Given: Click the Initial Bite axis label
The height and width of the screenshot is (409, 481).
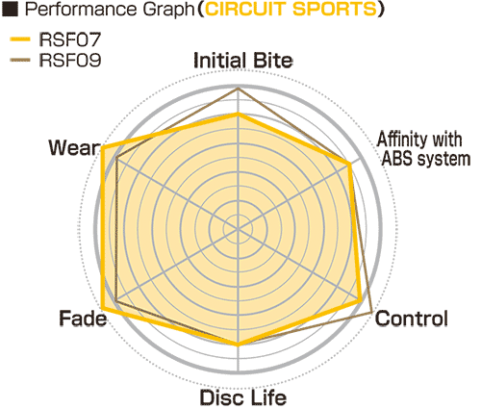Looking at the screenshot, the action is tap(243, 61).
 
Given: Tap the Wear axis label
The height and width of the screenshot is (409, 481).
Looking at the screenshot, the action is tap(74, 148).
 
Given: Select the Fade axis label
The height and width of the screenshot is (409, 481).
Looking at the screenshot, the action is tap(83, 319).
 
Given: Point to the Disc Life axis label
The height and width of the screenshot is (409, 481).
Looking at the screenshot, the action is tap(243, 397).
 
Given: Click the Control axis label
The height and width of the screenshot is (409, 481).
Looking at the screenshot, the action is tap(412, 319).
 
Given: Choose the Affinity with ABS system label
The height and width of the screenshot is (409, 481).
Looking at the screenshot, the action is tap(423, 149).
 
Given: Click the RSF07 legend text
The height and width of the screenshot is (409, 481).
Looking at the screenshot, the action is tap(70, 39).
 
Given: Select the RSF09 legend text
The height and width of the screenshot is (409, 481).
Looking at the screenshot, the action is tap(70, 60).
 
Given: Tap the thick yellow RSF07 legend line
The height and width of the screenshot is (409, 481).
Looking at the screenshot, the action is tap(20, 39).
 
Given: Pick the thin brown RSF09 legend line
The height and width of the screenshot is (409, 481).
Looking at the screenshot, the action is tap(20, 60).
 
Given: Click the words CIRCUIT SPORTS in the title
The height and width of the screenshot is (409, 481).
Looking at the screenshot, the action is tap(291, 10).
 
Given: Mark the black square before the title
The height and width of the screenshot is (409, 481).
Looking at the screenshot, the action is tap(10, 10).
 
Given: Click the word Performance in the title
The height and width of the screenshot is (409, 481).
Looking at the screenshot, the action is tap(82, 10).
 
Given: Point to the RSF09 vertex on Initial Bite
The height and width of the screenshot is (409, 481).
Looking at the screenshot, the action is tap(238, 89).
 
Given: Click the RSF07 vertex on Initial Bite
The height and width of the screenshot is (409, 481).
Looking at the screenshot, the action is tap(238, 115).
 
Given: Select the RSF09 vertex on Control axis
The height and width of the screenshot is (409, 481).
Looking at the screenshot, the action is tap(371, 312).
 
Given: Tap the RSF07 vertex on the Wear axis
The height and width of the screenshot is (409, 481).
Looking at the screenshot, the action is tap(103, 148).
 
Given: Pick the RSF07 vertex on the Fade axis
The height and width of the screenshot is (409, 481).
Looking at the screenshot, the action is tap(103, 308).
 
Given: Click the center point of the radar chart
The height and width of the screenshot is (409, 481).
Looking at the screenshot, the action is tap(238, 229).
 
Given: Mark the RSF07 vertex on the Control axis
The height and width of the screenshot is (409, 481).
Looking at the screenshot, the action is tap(360, 300).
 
